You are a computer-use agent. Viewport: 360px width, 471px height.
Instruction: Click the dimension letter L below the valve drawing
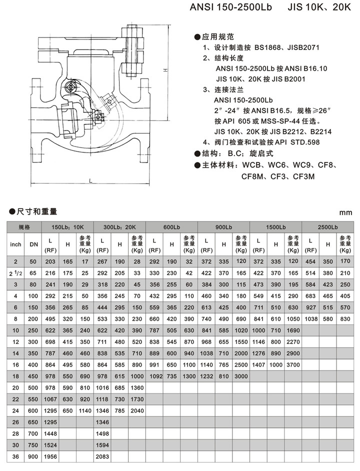coord(89,180)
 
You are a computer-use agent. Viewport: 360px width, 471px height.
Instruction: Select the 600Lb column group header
coord(171,226)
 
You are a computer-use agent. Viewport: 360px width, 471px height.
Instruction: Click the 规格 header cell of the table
coord(23,226)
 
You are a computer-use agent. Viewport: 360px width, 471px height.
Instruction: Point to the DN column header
coord(33,244)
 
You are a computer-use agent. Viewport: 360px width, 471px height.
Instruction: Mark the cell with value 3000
coord(241,376)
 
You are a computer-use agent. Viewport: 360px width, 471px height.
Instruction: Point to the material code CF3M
coord(304,176)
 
